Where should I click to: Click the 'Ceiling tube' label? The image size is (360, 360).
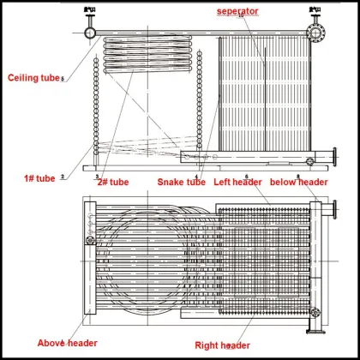click(33, 78)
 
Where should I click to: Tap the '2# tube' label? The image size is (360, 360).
click(112, 182)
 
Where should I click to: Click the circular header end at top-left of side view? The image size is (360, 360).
click(91, 32)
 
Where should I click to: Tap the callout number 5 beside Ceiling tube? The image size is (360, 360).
click(63, 80)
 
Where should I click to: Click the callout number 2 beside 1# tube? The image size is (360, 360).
click(62, 177)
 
